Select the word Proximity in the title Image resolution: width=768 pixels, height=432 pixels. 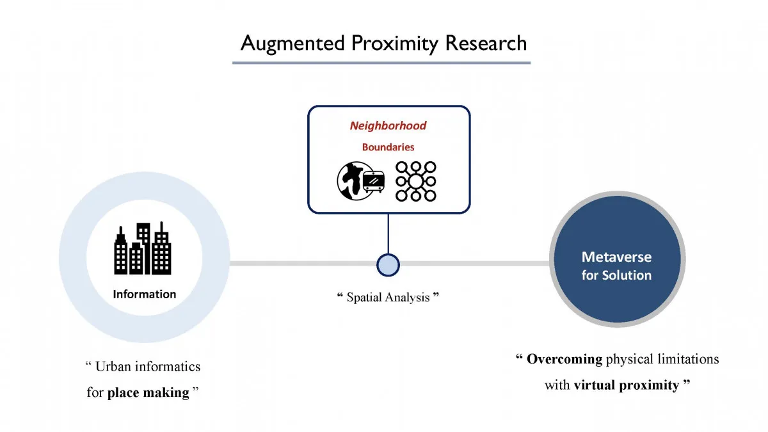tap(396, 43)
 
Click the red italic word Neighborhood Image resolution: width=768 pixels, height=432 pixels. tap(388, 125)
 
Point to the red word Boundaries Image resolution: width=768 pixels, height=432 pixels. tap(388, 147)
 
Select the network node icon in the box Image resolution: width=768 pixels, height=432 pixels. tap(415, 181)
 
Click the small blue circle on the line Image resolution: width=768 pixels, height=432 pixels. tap(388, 264)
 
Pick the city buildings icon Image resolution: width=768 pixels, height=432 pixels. tap(143, 249)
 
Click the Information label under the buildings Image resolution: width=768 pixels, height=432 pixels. tap(144, 294)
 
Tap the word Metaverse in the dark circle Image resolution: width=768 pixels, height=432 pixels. tap(616, 257)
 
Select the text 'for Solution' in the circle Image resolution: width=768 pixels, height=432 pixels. tap(616, 276)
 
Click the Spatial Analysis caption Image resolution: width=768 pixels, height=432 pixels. tap(388, 297)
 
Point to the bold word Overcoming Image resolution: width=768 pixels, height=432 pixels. tap(564, 359)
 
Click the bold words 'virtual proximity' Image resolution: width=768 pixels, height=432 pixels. tap(626, 385)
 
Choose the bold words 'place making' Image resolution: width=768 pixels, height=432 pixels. tap(148, 392)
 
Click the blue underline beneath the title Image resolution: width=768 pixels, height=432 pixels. tap(381, 63)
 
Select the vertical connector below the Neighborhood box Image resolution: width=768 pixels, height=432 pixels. tap(388, 233)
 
